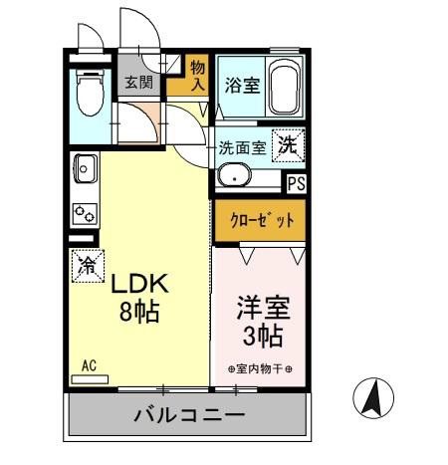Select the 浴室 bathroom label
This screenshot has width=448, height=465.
click(242, 85)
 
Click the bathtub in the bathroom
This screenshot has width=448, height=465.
click(285, 87)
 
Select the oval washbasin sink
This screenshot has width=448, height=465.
click(237, 178)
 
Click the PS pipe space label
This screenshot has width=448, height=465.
click(296, 182)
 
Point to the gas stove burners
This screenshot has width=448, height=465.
click(84, 212)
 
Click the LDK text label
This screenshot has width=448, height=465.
click(141, 284)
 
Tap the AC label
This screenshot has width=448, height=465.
click(90, 365)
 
